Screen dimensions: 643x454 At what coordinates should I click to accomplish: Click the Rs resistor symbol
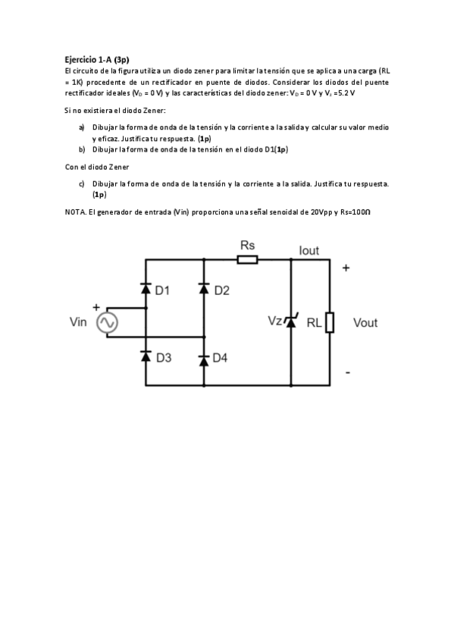pyautogui.click(x=247, y=259)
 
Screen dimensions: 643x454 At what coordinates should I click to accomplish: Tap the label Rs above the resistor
pyautogui.click(x=247, y=245)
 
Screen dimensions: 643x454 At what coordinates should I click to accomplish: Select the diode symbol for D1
pyautogui.click(x=145, y=288)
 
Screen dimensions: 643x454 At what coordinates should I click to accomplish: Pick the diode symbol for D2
pyautogui.click(x=203, y=288)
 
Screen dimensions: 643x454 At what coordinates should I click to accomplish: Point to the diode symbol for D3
pyautogui.click(x=145, y=358)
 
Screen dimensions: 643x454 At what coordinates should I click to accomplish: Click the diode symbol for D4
pyautogui.click(x=203, y=359)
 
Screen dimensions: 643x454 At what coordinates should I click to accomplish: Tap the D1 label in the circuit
pyautogui.click(x=163, y=290)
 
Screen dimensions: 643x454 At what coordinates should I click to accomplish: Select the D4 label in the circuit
pyautogui.click(x=221, y=359)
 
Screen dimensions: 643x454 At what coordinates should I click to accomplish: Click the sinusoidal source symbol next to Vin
pyautogui.click(x=106, y=323)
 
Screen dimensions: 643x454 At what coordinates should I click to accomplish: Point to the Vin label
pyautogui.click(x=79, y=323)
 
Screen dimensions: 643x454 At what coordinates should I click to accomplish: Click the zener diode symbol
pyautogui.click(x=290, y=321)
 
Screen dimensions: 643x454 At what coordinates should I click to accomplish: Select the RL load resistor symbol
pyautogui.click(x=330, y=321)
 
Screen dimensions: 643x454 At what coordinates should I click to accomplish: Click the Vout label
pyautogui.click(x=365, y=323)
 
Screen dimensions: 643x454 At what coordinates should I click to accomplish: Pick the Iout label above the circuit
pyautogui.click(x=309, y=251)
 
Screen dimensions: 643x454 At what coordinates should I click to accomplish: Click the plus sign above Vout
pyautogui.click(x=346, y=268)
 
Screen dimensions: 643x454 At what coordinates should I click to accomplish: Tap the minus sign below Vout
pyautogui.click(x=348, y=372)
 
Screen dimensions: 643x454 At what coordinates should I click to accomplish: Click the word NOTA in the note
pyautogui.click(x=76, y=212)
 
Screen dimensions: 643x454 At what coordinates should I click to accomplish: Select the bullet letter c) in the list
pyautogui.click(x=81, y=183)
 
